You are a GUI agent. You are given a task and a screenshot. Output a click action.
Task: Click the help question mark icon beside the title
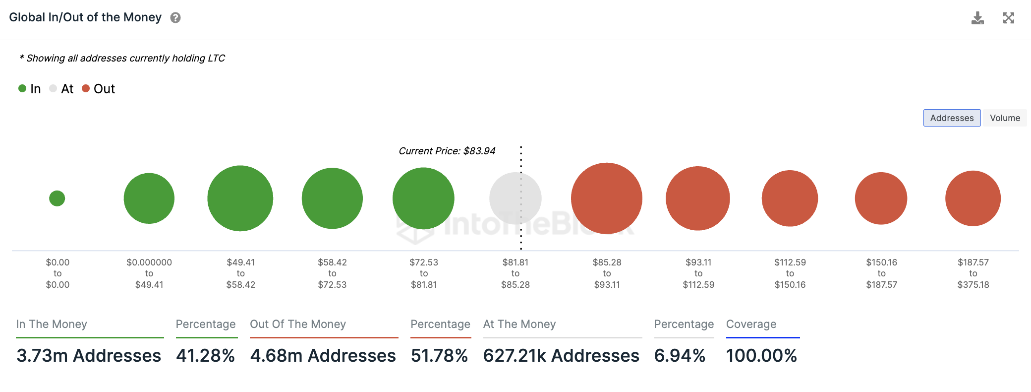point(175,18)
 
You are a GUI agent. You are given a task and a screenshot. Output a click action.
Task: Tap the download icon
point(977,18)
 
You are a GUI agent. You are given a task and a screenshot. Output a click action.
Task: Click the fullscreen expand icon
point(1009,18)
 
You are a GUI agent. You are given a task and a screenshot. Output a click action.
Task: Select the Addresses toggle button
point(952,118)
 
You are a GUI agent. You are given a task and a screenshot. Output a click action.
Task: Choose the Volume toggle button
point(1005,118)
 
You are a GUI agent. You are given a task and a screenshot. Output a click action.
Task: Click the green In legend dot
point(22,89)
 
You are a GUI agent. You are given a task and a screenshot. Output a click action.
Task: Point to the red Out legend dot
point(86,89)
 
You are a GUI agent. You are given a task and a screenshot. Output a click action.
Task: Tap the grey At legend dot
point(53,89)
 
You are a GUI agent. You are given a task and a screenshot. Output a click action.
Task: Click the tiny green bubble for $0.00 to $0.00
point(57,198)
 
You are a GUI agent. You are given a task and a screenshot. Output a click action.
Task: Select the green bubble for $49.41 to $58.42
point(240,198)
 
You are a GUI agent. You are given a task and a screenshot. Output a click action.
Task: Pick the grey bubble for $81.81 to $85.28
point(515,198)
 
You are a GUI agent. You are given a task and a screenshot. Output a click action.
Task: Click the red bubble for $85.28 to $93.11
point(607,198)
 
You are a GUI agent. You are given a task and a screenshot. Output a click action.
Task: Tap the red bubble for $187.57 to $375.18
point(973,198)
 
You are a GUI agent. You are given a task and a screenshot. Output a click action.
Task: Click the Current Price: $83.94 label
point(447,151)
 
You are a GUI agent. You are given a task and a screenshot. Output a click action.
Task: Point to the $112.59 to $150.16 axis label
point(790,273)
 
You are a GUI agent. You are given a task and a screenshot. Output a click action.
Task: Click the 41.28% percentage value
point(205,356)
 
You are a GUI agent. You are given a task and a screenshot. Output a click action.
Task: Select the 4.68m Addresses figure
point(323,356)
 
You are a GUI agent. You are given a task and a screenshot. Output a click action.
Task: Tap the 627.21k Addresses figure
point(561,356)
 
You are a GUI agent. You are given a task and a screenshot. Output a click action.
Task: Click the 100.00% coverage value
point(761,356)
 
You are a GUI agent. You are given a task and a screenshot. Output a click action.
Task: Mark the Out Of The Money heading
point(298,324)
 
